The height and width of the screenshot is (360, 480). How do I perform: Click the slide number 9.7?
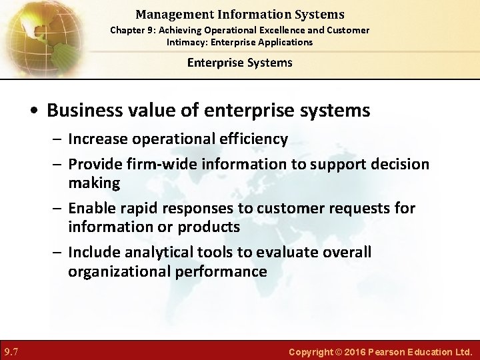[x=11, y=351]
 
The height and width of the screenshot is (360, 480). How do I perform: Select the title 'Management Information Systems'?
[x=239, y=14]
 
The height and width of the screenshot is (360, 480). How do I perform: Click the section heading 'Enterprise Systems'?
[x=239, y=63]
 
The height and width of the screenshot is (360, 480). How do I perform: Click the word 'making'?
[x=94, y=183]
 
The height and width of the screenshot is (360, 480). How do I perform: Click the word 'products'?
[x=209, y=227]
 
